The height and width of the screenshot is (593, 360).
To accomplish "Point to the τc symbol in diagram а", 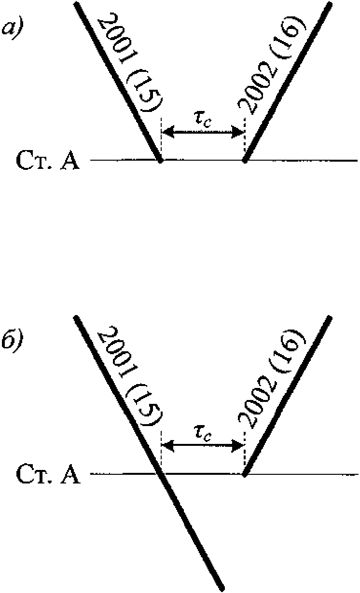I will pos(203,120).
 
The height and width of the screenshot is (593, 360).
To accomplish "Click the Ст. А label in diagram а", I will pos(47,161).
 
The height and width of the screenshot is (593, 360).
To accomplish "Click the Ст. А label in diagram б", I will pos(47,475).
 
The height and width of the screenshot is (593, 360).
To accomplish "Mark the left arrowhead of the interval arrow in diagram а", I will pos(166,131).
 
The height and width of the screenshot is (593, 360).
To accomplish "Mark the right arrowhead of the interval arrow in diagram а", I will pos(240,131).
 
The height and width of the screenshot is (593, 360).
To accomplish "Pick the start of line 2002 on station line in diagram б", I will pos(245,474).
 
